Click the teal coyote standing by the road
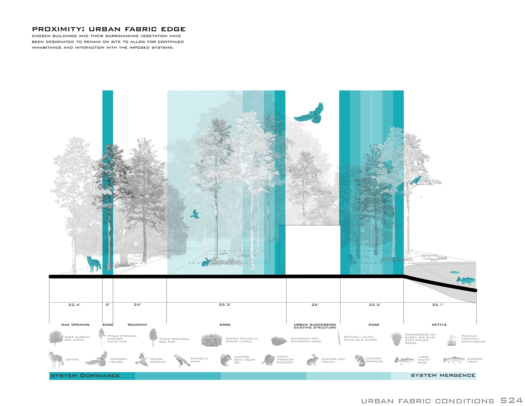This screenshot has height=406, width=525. pyautogui.click(x=94, y=264)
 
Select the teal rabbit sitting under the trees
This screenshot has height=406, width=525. pyautogui.click(x=206, y=263)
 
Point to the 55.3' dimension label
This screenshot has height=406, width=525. pyautogui.click(x=225, y=305)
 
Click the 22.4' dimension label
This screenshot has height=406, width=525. pyautogui.click(x=74, y=305)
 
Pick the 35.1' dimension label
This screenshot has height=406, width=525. pyautogui.click(x=438, y=305)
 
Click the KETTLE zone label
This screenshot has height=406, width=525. pyautogui.click(x=439, y=325)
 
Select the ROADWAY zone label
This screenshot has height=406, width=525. pyautogui.click(x=138, y=325)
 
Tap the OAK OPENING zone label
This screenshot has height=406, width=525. pyautogui.click(x=75, y=325)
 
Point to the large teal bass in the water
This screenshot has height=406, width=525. pyautogui.click(x=466, y=280)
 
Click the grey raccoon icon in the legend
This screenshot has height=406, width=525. pyautogui.click(x=268, y=360)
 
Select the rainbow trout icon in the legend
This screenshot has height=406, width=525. pyautogui.click(x=454, y=360)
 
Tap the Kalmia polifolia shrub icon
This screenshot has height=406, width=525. pyautogui.click(x=211, y=340)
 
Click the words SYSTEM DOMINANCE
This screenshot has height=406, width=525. pyautogui.click(x=85, y=376)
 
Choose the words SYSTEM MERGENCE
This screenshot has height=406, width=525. pyautogui.click(x=443, y=375)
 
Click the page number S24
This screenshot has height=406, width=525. pyautogui.click(x=511, y=401)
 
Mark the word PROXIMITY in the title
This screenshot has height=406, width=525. pyautogui.click(x=58, y=29)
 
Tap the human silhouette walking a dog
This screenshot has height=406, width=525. pyautogui.click(x=351, y=259)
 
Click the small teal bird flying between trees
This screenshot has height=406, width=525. pyautogui.click(x=195, y=214)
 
